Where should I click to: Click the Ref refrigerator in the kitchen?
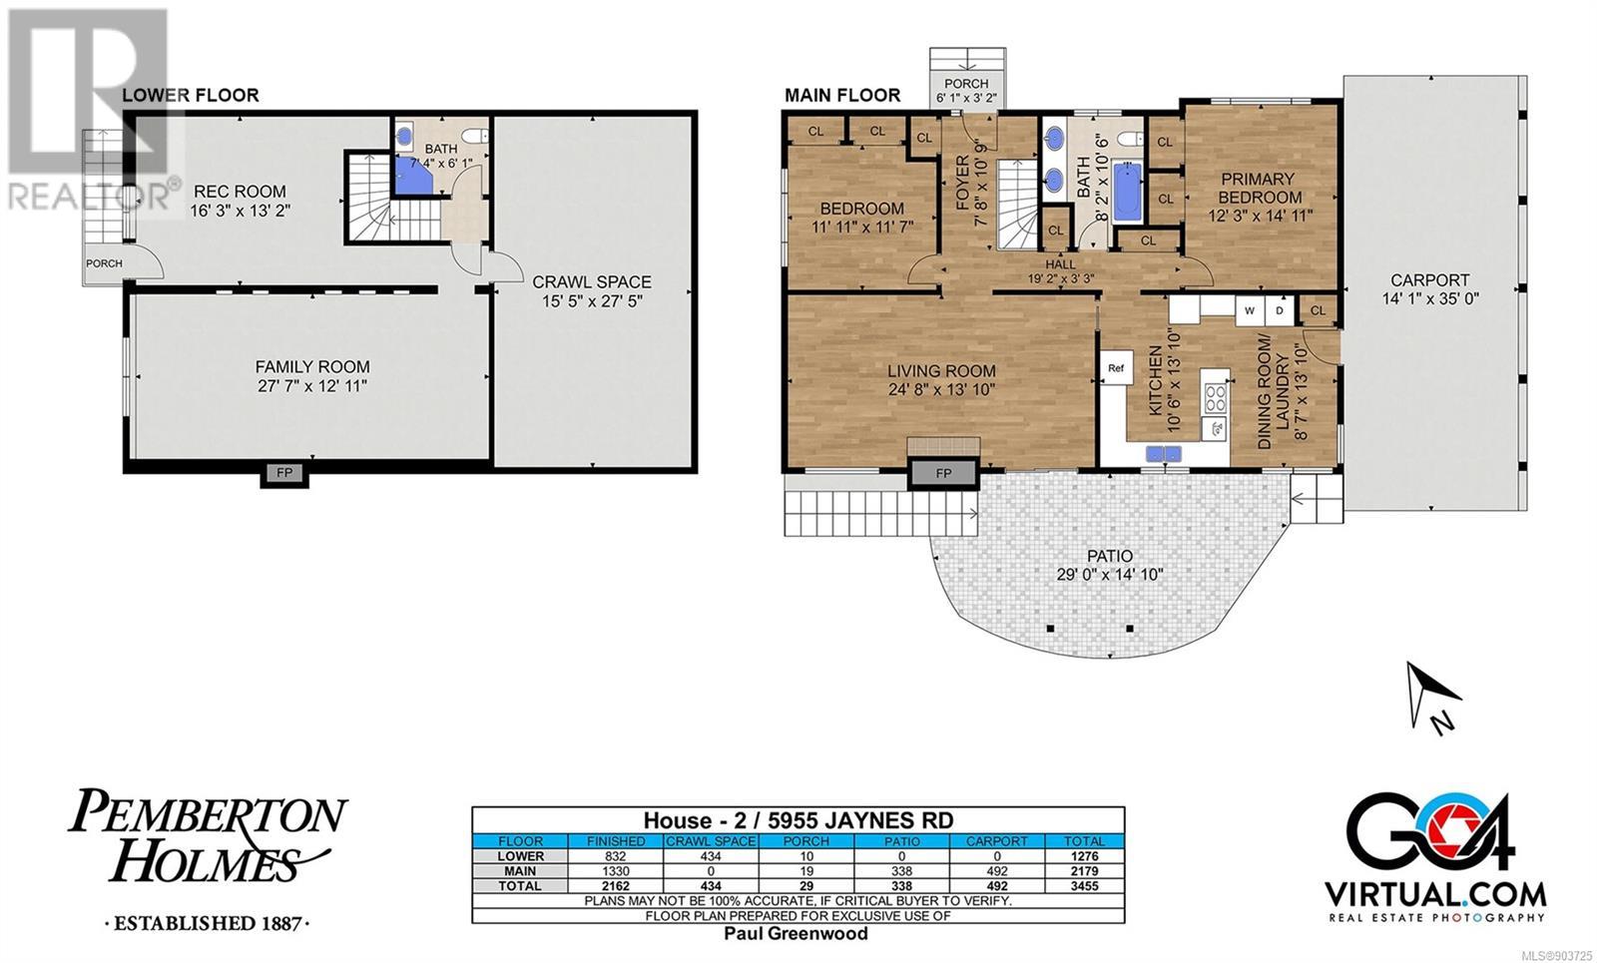point(1117,368)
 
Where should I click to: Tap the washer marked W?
point(1250,310)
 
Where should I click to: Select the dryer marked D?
point(1280,310)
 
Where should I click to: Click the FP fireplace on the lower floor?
point(284,473)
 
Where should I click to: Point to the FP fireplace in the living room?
point(943,473)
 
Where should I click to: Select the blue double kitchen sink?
point(1164,453)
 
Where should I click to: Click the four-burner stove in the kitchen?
point(1216,398)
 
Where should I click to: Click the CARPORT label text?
point(1429,280)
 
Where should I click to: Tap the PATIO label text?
point(1110,555)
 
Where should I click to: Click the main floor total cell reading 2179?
point(1084,871)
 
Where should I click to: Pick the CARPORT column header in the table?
point(997,841)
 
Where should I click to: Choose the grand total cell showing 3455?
point(1084,886)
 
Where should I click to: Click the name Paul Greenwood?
point(797,934)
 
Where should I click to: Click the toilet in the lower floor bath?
point(475,136)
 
